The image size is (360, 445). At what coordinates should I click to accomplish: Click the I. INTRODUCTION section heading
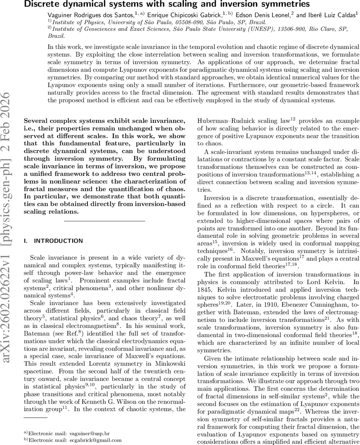[x=53, y=241]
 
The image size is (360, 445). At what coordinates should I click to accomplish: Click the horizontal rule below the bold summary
[x=104, y=221]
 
